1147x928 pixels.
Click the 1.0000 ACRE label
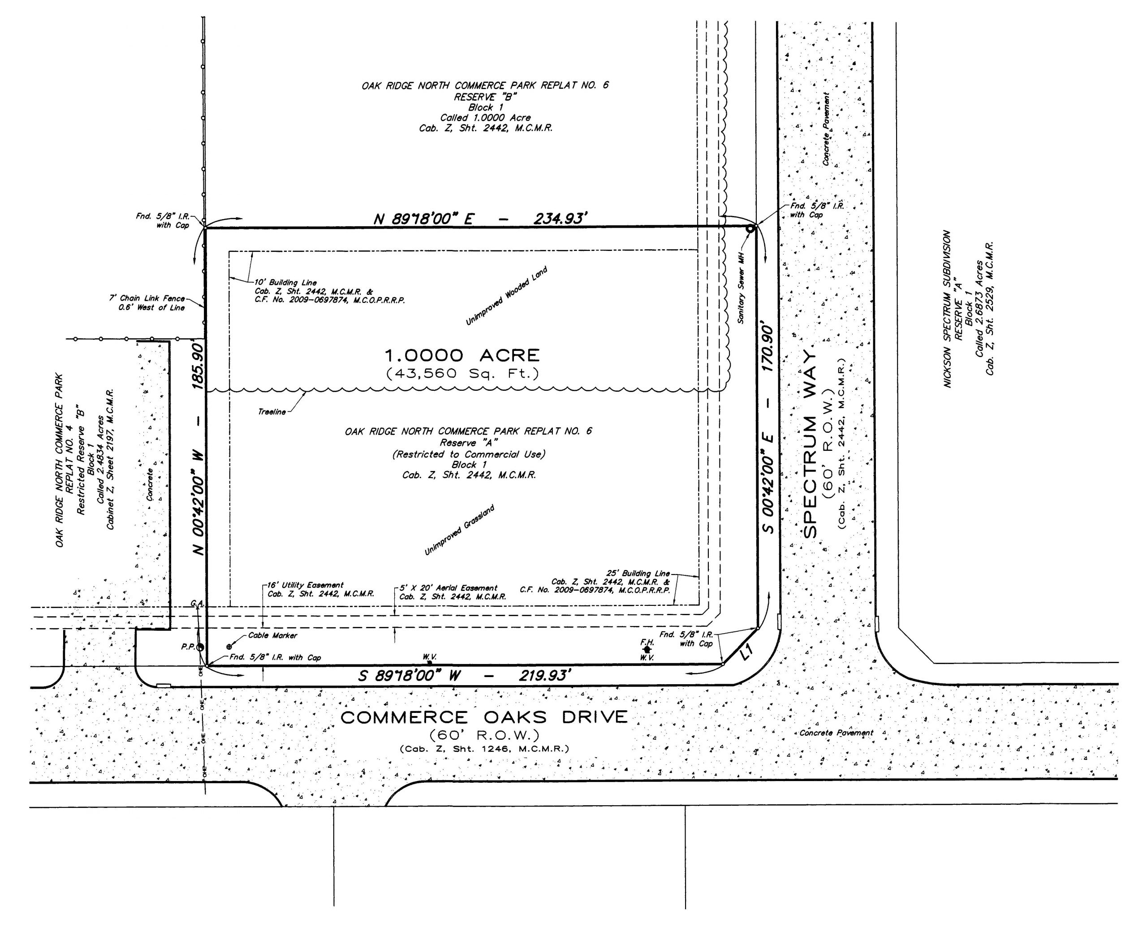click(462, 355)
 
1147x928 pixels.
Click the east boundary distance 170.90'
click(768, 346)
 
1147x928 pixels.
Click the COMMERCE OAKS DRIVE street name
click(484, 717)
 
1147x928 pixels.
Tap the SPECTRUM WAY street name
click(811, 443)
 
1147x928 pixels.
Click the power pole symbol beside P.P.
click(200, 647)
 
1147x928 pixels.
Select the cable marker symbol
click(229, 647)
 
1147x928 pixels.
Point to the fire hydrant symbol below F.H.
click(647, 649)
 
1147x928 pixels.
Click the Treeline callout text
click(272, 412)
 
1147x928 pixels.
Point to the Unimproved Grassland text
click(460, 530)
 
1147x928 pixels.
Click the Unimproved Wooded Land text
click(507, 296)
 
